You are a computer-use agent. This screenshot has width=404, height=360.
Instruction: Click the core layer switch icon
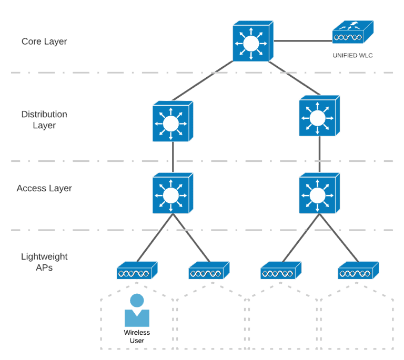252,42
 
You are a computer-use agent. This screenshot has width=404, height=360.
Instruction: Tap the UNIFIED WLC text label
352,55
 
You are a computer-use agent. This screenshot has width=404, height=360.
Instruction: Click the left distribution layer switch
172,122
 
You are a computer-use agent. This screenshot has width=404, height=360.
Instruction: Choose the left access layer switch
172,194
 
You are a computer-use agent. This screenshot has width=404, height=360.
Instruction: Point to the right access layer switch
318,194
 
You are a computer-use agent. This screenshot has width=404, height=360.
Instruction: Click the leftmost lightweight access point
136,272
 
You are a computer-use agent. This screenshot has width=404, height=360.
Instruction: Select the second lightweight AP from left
208,272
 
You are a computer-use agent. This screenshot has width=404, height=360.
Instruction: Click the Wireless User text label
137,336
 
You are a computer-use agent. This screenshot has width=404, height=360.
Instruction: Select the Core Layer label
44,41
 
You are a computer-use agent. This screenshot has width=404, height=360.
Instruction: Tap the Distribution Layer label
44,120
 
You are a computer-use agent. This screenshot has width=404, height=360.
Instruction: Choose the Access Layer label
44,188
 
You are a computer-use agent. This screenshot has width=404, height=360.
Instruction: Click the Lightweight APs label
44,262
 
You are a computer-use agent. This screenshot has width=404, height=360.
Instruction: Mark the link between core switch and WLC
302,40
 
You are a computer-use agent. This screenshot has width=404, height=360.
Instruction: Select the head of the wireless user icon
137,301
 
